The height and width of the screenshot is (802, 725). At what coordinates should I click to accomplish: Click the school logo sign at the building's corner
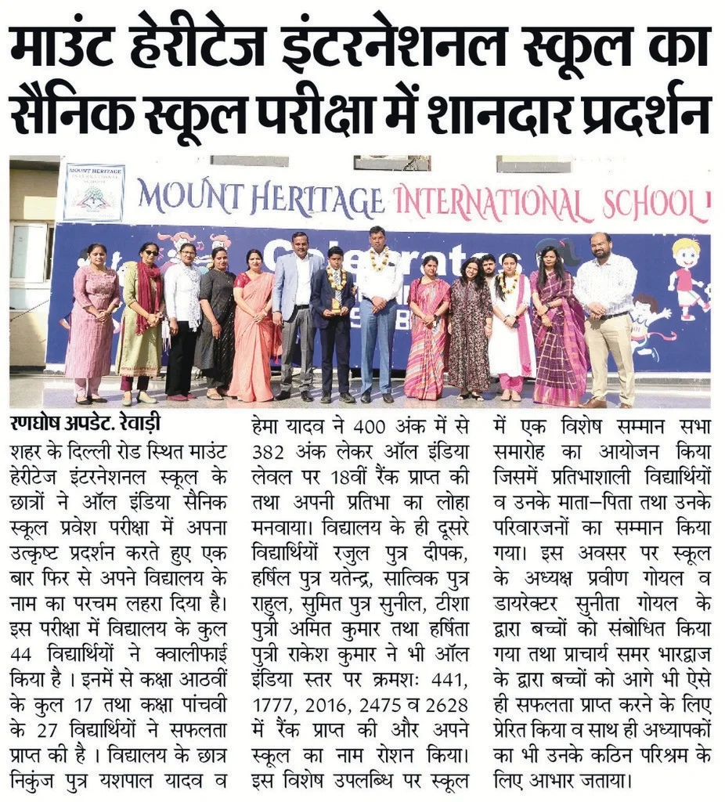[x=94, y=192]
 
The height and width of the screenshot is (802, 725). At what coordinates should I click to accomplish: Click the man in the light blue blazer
[x=295, y=313]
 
